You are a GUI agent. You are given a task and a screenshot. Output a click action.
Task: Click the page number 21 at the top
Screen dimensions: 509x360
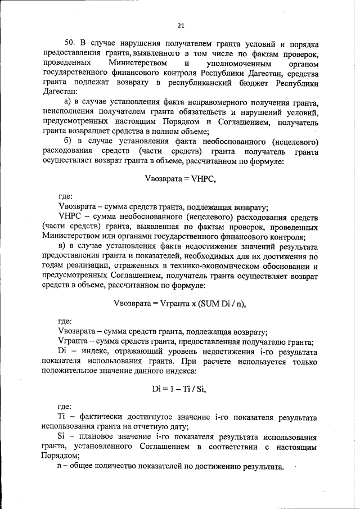tap(180, 25)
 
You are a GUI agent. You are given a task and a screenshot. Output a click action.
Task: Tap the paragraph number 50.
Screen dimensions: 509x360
tap(70, 44)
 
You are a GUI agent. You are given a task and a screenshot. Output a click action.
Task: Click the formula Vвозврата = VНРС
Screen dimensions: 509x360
tap(180, 179)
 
